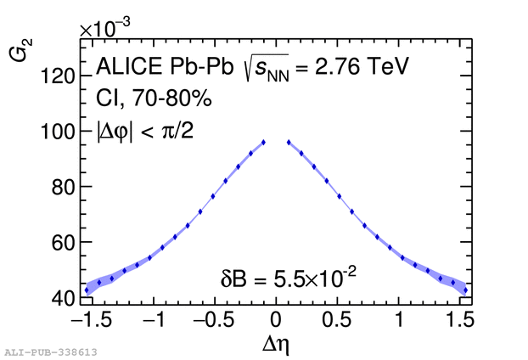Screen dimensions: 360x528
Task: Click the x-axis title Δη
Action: coord(276,345)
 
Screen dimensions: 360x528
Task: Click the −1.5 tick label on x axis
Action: coord(98,321)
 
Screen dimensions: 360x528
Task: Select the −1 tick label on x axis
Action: coord(153,321)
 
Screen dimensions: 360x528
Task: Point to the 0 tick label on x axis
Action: coord(276,321)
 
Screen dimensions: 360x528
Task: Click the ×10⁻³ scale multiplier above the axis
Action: coord(105,28)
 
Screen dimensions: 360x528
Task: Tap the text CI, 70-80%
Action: coord(153,98)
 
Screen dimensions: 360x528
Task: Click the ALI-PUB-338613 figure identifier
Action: coord(50,352)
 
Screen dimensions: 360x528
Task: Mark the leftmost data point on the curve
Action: coord(87,290)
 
